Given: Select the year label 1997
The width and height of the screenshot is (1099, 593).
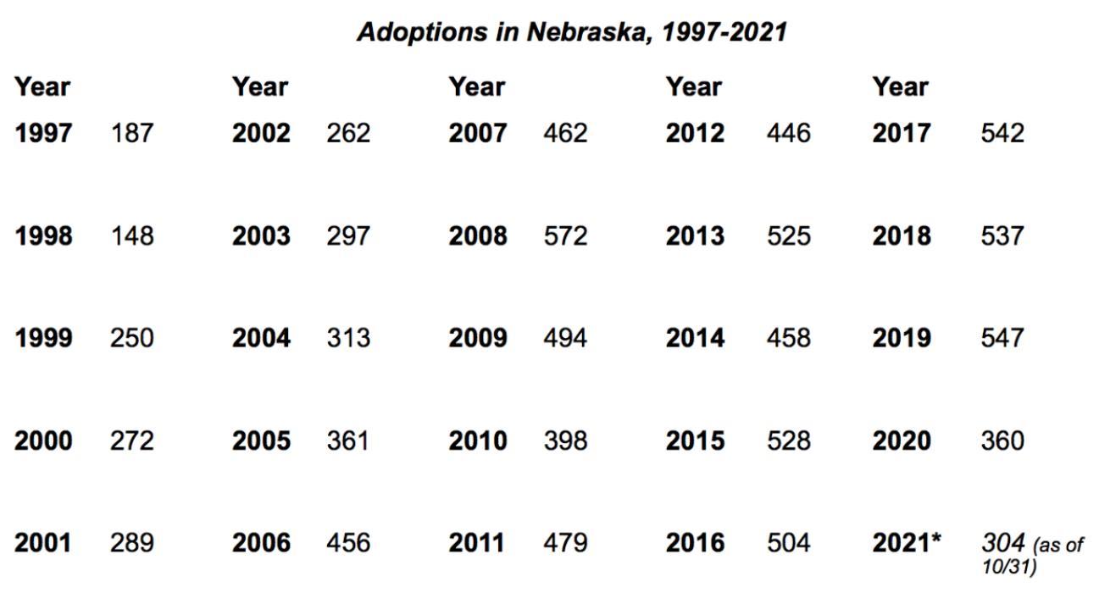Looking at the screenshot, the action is [43, 133].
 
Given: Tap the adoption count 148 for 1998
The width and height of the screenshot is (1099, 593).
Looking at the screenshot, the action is [132, 236].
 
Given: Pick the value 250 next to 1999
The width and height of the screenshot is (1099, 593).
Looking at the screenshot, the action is [131, 338].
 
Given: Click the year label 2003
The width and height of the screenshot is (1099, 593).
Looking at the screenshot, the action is [261, 236].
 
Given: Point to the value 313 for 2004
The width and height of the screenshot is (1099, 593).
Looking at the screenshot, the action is [348, 338].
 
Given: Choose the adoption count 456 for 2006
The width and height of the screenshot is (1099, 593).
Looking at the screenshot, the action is [348, 542].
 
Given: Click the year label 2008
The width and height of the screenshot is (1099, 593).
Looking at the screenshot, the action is [478, 236].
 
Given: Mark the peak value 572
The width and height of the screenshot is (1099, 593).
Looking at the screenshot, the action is [565, 236].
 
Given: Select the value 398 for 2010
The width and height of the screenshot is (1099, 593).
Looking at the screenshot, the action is [565, 441].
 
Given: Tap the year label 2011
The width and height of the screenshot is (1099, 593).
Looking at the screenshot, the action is [476, 542].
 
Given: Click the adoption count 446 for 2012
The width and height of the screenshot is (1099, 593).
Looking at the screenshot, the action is [788, 133].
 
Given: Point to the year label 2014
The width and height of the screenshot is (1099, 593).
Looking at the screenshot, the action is [695, 338].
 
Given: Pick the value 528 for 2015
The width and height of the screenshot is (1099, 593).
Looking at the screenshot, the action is [788, 441].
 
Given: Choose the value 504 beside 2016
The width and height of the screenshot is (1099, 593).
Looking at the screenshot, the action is [788, 542].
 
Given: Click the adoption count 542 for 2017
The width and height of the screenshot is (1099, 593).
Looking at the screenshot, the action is [1002, 133].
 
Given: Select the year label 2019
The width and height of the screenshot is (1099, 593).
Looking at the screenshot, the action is [902, 338].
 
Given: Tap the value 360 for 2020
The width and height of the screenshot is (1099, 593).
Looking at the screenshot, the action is [1002, 441].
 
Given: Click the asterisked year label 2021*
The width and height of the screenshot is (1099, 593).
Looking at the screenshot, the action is [907, 542].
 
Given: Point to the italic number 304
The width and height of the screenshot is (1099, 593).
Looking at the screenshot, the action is [1003, 542].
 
